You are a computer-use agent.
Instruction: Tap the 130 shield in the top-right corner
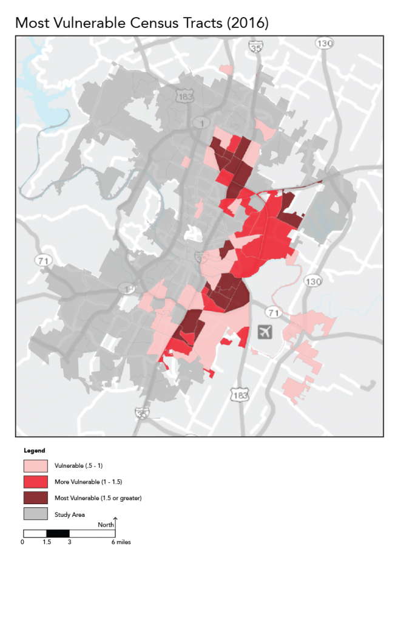point(325,43)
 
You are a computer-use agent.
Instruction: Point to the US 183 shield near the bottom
point(240,395)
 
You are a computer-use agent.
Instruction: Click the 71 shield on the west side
point(43,260)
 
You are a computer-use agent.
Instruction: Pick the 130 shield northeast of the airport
point(313,281)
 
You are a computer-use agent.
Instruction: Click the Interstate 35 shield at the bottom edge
point(143,412)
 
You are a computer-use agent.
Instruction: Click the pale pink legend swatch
point(36,466)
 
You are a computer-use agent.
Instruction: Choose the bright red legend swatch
point(36,482)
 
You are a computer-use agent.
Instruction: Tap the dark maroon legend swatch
point(36,498)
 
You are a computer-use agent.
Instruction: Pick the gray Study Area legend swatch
point(36,514)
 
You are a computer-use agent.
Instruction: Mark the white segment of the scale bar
point(35,534)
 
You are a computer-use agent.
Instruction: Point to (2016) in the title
point(247,24)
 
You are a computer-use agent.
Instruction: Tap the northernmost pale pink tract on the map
point(226,70)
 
